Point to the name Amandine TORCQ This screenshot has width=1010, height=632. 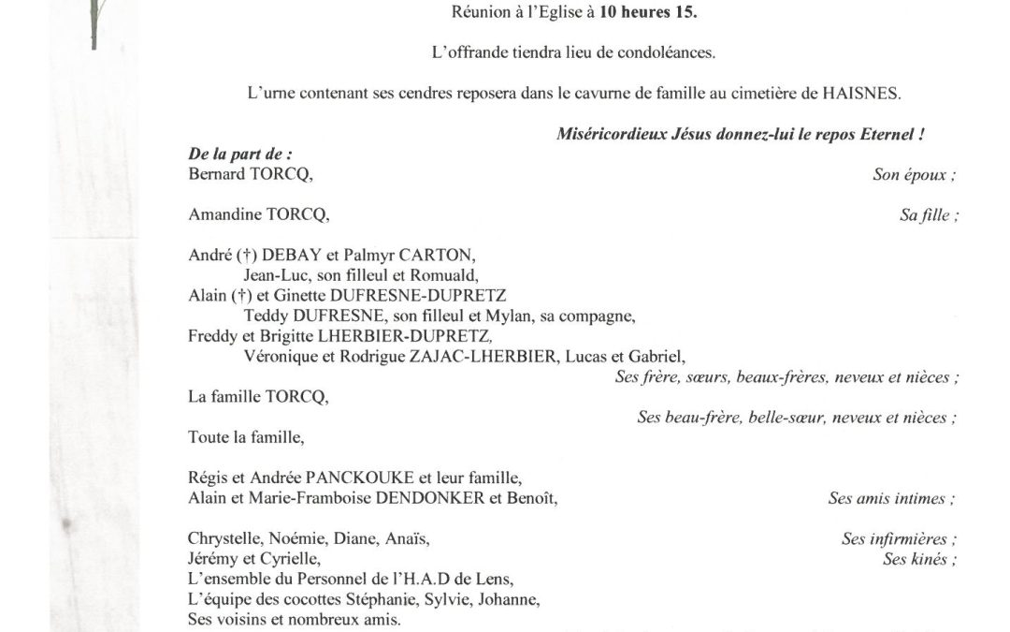pos(259,214)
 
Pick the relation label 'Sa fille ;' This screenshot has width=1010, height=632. pos(930,215)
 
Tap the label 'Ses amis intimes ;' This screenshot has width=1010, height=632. pos(892,499)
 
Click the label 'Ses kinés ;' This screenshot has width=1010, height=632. pos(921,560)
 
